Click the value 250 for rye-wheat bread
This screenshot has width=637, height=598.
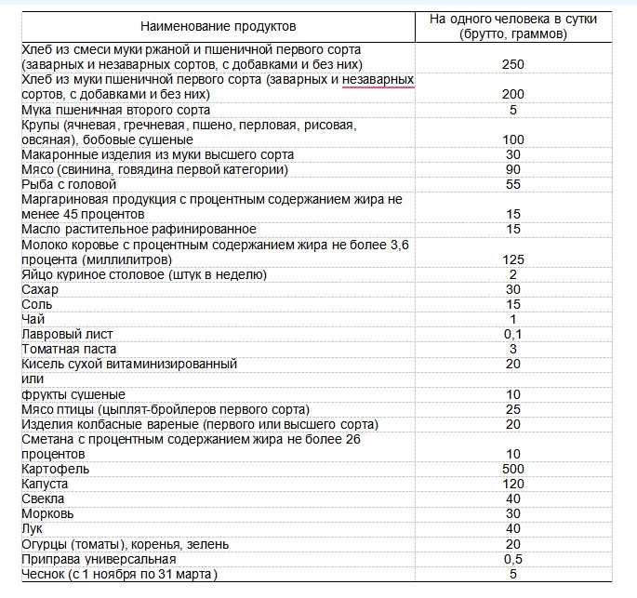click(512, 64)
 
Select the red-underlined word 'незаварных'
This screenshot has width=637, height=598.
click(378, 80)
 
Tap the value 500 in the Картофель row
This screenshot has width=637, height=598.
click(512, 469)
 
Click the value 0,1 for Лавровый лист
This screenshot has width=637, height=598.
click(512, 334)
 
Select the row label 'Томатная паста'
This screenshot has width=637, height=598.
click(68, 349)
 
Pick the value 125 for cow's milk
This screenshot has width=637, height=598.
click(512, 259)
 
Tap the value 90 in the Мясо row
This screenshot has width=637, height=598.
click(512, 169)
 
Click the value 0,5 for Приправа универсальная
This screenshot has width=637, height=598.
click(512, 559)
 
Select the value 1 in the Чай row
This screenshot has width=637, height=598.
click(512, 319)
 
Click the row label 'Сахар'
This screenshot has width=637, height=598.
click(40, 289)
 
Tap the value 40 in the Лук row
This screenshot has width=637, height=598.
click(512, 528)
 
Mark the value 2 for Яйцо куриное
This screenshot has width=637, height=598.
click(512, 274)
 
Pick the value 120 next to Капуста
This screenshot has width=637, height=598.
click(512, 484)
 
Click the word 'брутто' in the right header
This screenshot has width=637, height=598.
click(486, 34)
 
